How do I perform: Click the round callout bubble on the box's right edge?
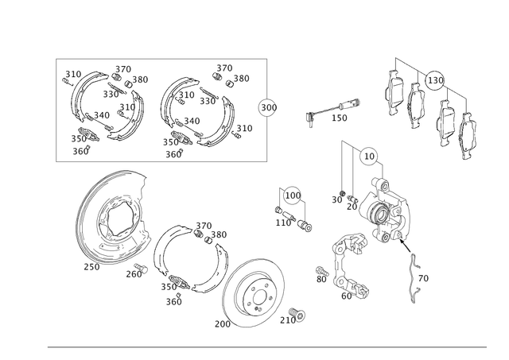tap(268, 107)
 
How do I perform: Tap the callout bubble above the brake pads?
tap(435, 79)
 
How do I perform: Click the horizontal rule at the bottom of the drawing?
tap(266, 347)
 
